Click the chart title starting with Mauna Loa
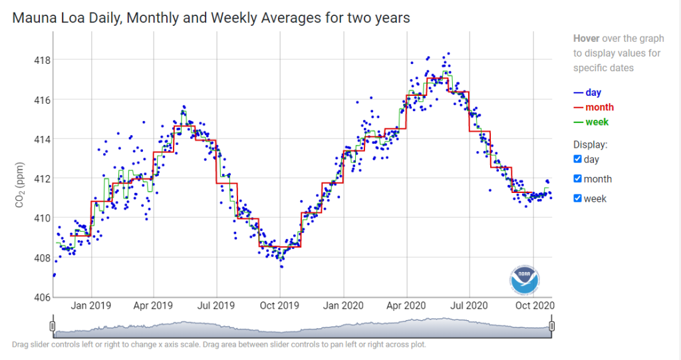[x=211, y=18]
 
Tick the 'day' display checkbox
[x=578, y=159]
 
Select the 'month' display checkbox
[x=578, y=179]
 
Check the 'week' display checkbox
[x=578, y=198]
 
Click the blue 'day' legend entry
[x=587, y=92]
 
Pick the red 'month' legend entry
[x=594, y=107]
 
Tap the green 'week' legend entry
[x=591, y=122]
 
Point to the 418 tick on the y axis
[x=42, y=60]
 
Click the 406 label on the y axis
[x=42, y=297]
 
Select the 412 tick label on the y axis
[x=42, y=179]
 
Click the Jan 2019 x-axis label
[x=90, y=305]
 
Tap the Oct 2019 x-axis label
[x=279, y=305]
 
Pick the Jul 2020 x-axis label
[x=469, y=305]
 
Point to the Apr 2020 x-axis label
[x=406, y=305]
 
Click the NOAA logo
[x=525, y=279]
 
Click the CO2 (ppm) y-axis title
[x=19, y=185]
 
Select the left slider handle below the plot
[x=53, y=326]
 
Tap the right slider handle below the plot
[x=551, y=326]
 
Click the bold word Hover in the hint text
[x=587, y=38]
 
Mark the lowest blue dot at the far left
[x=54, y=275]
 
